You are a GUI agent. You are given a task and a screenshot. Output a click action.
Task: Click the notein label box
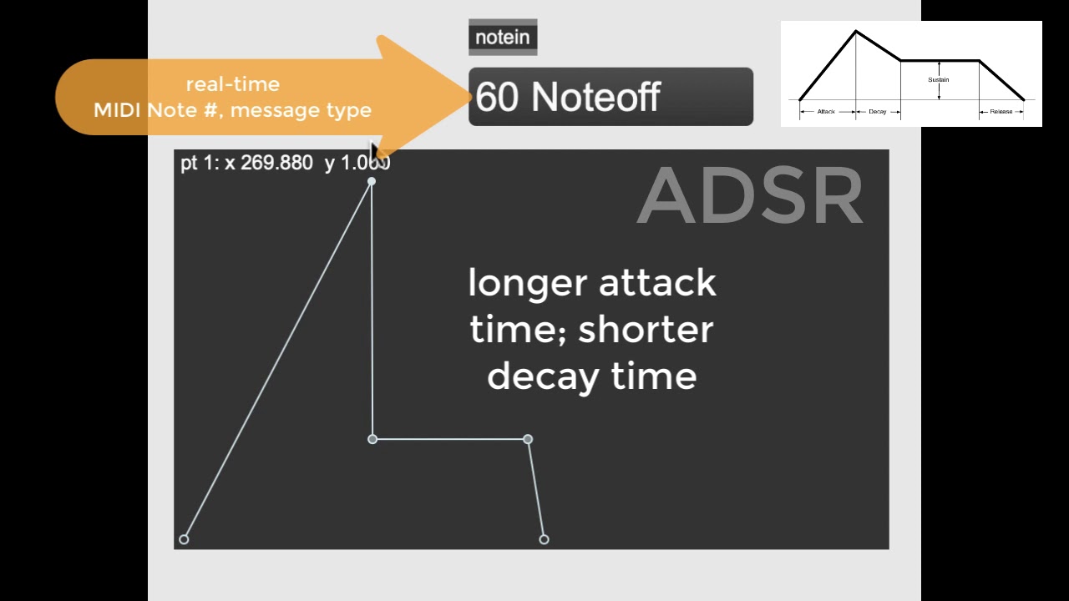pos(502,38)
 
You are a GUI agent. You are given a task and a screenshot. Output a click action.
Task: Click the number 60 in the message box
pos(497,97)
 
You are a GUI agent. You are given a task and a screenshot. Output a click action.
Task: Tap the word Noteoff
pos(595,97)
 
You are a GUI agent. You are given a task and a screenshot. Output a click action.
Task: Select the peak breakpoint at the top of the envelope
pos(372,181)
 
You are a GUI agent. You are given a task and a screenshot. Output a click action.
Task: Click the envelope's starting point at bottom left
pos(184,539)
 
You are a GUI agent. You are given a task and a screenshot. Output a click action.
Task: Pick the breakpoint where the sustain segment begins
pos(372,439)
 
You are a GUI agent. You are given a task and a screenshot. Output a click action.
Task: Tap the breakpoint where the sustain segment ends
pos(528,439)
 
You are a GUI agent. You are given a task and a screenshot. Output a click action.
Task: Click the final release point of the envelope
pos(544,539)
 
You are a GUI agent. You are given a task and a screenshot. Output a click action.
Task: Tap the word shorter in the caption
pos(645,330)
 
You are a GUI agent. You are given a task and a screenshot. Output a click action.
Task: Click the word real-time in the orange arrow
pos(232,84)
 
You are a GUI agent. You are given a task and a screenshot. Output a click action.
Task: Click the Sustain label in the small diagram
pos(938,80)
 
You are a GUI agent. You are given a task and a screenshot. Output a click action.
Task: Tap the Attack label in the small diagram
pos(826,111)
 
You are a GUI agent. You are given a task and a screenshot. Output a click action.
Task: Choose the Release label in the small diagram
pos(1001,111)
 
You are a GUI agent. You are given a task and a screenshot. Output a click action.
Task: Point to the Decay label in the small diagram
pos(877,111)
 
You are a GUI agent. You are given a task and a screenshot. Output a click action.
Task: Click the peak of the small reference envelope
pos(855,32)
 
